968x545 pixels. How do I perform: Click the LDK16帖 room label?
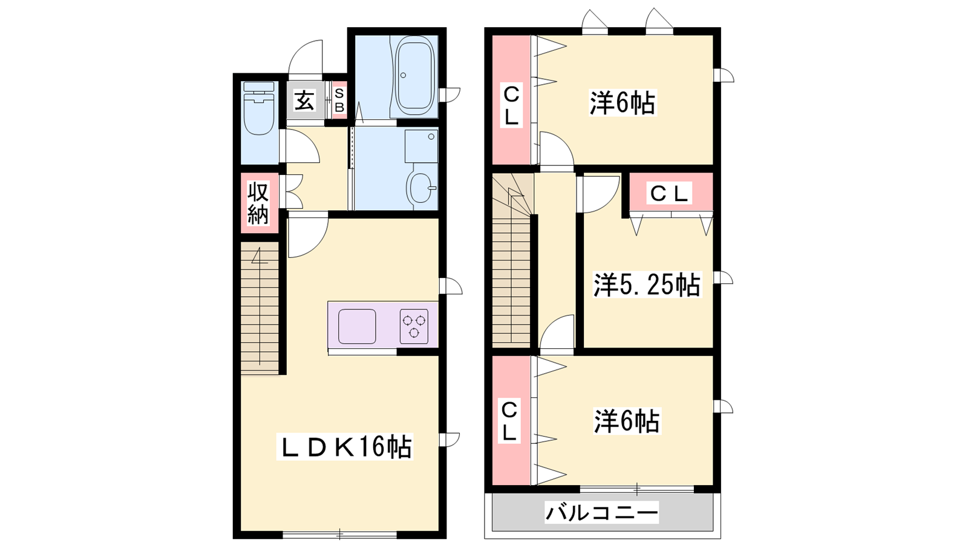(345, 447)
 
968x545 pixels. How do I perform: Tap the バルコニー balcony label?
(601, 512)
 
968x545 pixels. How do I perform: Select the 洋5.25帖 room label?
(647, 285)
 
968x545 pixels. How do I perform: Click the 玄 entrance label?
(305, 101)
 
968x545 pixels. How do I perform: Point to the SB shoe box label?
(339, 101)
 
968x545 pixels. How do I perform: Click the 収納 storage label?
(258, 203)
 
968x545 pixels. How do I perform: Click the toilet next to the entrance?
(259, 108)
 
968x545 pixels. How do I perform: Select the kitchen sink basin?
(357, 326)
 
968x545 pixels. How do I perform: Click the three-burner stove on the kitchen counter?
(414, 326)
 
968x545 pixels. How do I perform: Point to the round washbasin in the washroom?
(419, 188)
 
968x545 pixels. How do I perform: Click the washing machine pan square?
(421, 145)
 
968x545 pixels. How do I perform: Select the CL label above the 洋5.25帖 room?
(669, 193)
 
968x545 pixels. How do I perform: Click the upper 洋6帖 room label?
(623, 103)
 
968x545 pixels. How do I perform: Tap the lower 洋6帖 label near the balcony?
(627, 421)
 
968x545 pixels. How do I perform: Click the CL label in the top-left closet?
(512, 105)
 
